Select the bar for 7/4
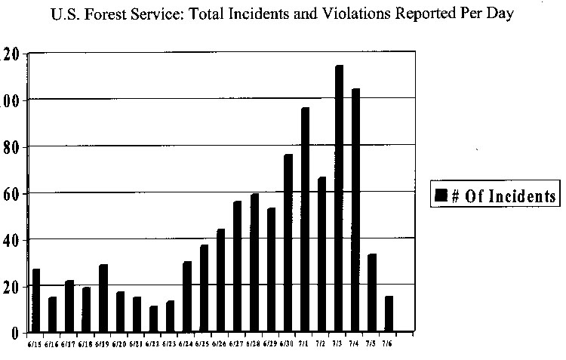point(355,211)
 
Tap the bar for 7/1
point(306,220)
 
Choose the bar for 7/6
point(389,314)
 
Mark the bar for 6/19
point(103,298)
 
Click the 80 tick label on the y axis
point(11,146)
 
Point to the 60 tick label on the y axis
point(11,193)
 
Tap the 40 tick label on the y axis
point(11,240)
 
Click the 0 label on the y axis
point(15,333)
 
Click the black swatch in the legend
point(441,197)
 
